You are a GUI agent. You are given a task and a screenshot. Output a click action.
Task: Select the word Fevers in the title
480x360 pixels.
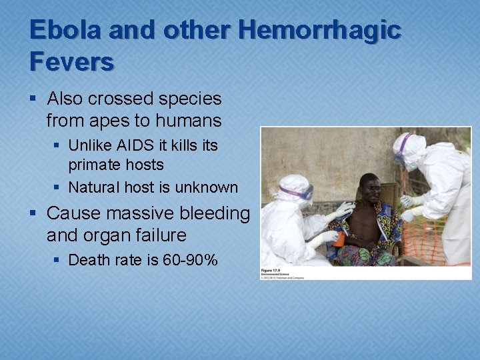click(x=71, y=61)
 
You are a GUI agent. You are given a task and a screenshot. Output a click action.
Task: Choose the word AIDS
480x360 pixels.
click(x=135, y=145)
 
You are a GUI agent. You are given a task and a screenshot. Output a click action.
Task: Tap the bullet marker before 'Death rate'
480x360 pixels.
click(x=58, y=259)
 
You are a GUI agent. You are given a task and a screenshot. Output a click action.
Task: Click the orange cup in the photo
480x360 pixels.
click(x=339, y=239)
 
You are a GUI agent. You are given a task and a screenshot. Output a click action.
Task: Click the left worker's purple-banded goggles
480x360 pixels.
click(x=297, y=193)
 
